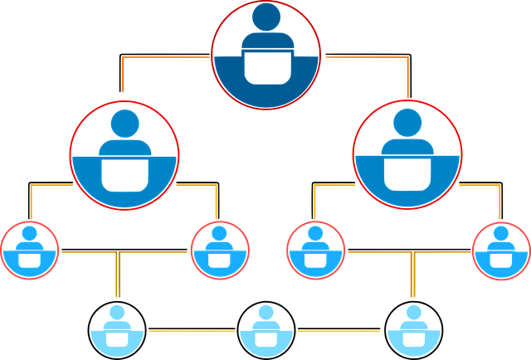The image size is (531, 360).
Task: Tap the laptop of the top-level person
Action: (265, 66)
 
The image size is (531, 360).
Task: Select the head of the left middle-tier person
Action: (124, 123)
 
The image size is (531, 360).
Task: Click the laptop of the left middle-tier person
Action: (124, 174)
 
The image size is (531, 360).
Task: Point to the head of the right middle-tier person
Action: (407, 123)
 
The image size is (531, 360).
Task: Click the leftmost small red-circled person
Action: (30, 251)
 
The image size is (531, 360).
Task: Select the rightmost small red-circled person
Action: (500, 251)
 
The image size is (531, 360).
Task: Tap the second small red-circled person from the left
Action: (220, 251)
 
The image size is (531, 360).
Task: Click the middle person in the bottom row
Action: (265, 330)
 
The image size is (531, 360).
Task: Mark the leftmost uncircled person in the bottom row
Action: (117, 330)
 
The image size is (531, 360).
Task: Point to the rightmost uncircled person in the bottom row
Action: (413, 330)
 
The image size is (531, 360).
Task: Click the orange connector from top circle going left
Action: (166, 58)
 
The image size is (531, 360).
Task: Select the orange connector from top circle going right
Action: (365, 58)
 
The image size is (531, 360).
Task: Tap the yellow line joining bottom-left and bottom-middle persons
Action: (191, 333)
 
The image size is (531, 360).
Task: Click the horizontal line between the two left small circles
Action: (124, 252)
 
